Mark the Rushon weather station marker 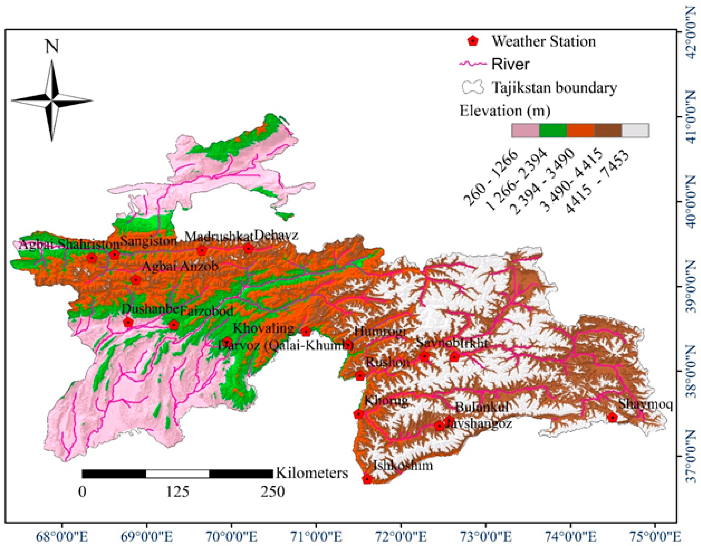[360, 376]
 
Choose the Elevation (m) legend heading [505, 111]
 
